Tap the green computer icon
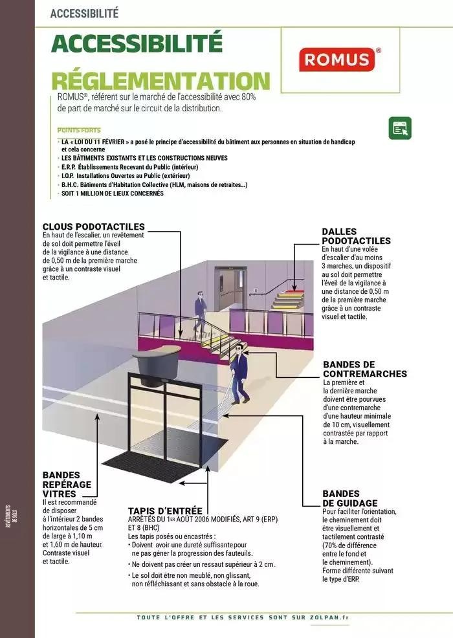click(x=400, y=128)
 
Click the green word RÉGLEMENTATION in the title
click(x=160, y=81)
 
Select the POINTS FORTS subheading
click(x=79, y=130)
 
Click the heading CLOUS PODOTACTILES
click(x=93, y=226)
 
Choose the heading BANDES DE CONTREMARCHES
click(x=364, y=369)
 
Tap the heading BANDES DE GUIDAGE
click(x=350, y=498)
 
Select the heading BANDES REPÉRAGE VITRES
click(x=67, y=484)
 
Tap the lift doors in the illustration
click(x=229, y=292)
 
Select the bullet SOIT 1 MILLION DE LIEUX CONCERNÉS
click(x=113, y=193)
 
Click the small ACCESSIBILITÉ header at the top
click(x=84, y=13)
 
